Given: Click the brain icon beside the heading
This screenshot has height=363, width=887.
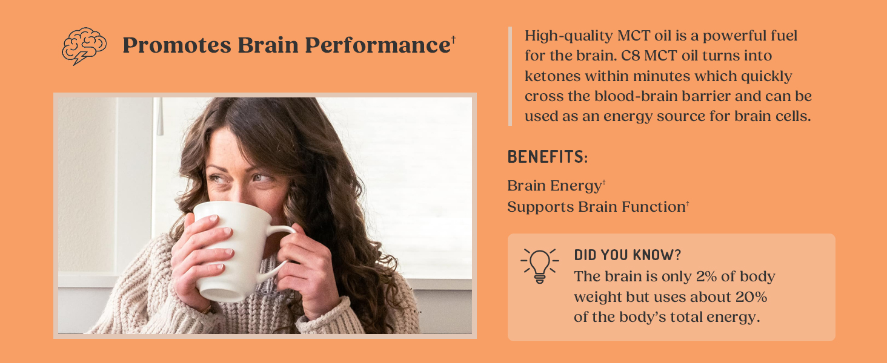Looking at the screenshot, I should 84,46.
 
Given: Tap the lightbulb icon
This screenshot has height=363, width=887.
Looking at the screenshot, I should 539,265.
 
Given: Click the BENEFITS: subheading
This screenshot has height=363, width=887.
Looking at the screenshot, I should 547,157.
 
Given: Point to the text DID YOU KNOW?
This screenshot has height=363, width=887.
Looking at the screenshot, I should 628,255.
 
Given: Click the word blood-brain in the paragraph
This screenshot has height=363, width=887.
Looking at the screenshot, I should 651,96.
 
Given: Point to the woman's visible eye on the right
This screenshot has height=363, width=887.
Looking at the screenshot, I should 259,177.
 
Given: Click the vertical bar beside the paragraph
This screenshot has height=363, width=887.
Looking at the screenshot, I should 510,76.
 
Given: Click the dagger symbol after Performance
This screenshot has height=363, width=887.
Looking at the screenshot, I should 453,40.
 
